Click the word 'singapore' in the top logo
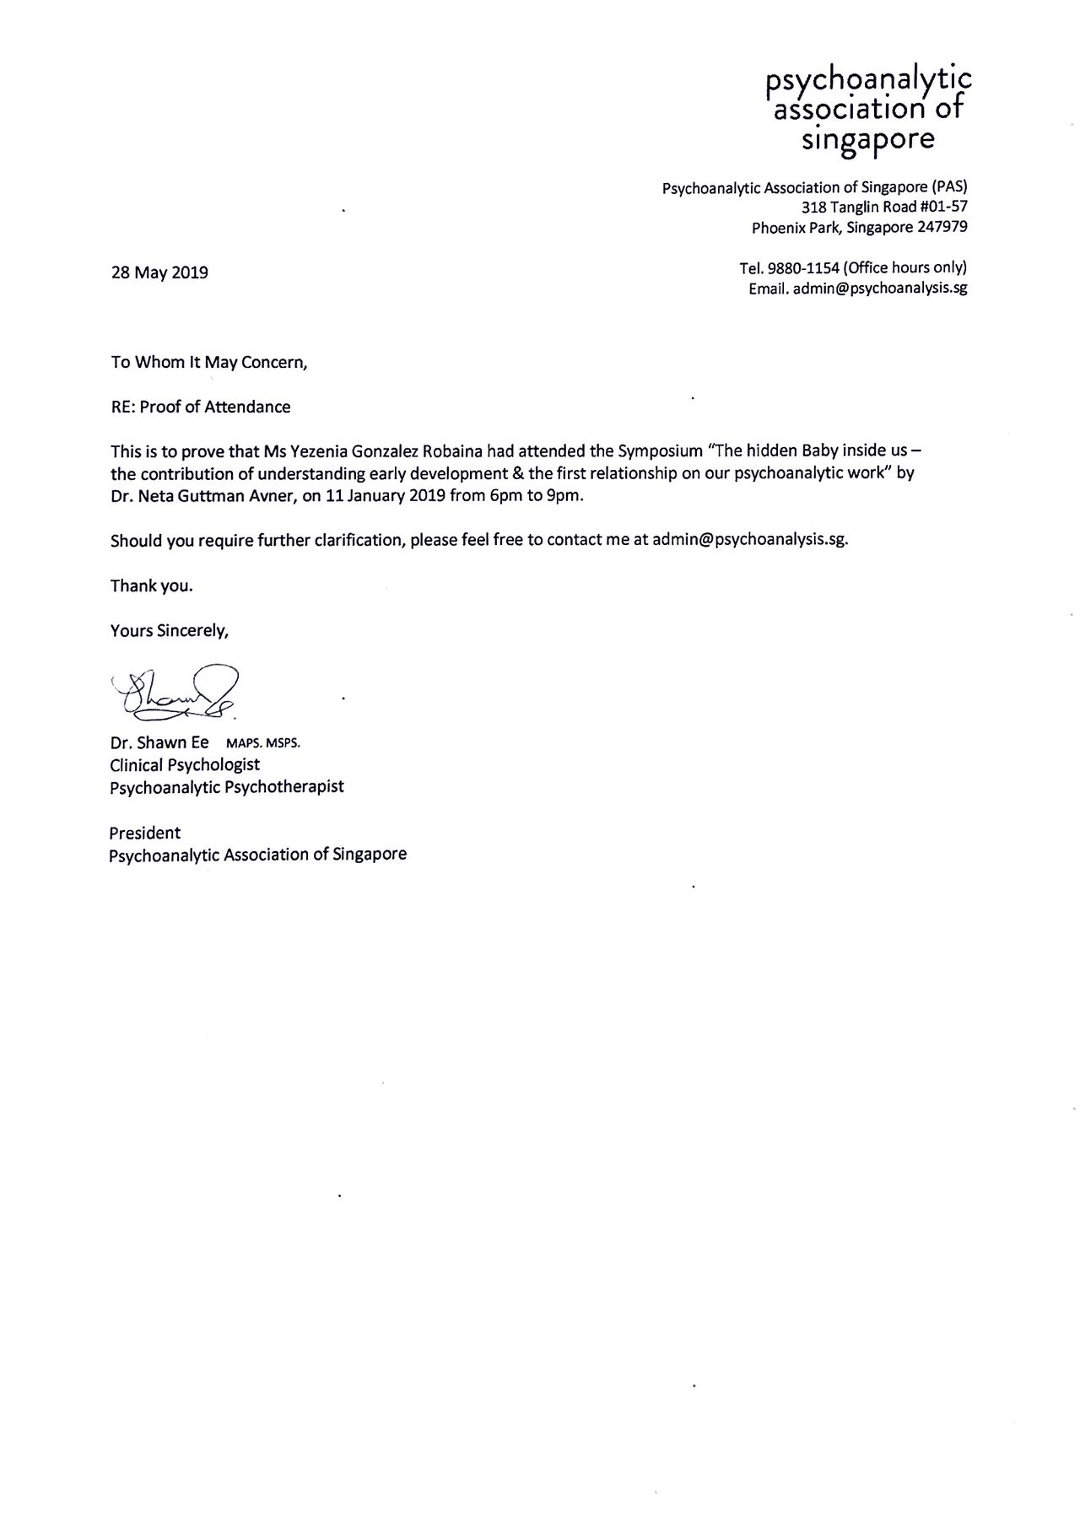coord(867,138)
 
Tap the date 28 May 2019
coord(159,272)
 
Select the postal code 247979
coord(942,227)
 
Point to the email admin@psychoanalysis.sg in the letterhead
coord(880,289)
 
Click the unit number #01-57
coord(943,207)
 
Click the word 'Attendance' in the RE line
coord(248,407)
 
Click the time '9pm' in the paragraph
coord(564,496)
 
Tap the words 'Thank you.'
coord(152,585)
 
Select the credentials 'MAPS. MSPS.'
coord(263,744)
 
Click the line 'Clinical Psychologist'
coord(185,765)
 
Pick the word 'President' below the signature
coord(145,833)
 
